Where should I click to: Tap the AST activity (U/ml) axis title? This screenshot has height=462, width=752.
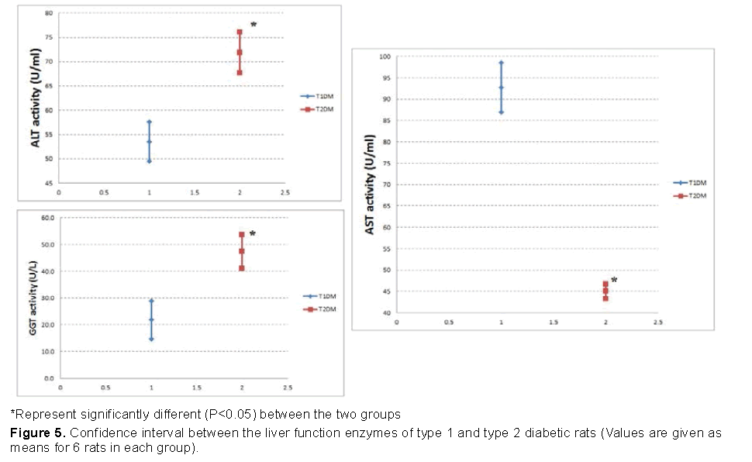pos(370,184)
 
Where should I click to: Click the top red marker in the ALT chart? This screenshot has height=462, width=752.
pos(240,33)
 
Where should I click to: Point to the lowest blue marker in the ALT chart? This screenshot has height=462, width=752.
pos(149,161)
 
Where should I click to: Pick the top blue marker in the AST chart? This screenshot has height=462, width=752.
pos(501,63)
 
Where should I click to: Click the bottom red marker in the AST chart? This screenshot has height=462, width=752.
pos(605,298)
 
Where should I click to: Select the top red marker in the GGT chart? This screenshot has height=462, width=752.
pos(242,234)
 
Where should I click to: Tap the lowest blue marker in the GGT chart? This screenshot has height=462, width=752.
pos(151,339)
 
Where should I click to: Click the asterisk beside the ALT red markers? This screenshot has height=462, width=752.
pos(253,26)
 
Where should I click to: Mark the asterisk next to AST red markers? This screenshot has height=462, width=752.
pos(614,281)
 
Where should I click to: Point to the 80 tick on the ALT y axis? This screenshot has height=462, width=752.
pos(48,14)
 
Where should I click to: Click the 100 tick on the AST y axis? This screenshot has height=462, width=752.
pos(385,57)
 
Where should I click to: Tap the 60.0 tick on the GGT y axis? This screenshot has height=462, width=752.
pos(48,219)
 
